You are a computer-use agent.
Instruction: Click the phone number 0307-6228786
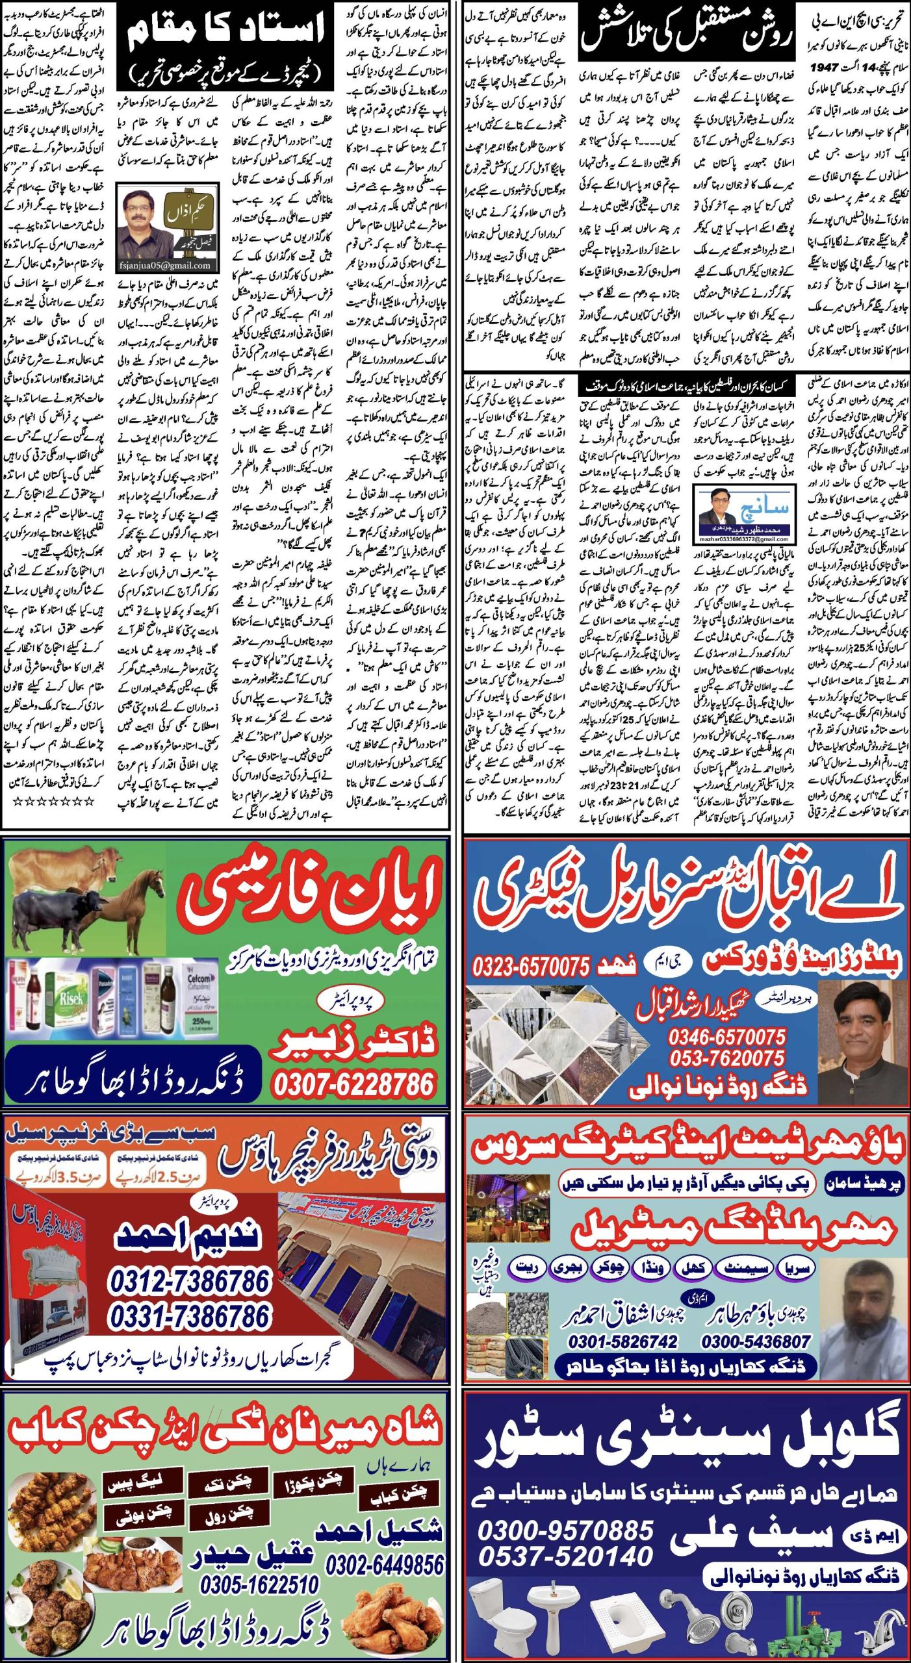(x=353, y=1084)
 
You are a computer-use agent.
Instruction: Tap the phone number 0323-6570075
(x=531, y=966)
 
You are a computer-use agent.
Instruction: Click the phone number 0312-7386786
(x=188, y=1281)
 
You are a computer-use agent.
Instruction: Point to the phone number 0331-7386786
(x=188, y=1317)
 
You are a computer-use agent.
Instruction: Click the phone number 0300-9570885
(x=565, y=1530)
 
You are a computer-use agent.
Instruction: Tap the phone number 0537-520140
(x=565, y=1556)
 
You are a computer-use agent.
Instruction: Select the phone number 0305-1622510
(x=259, y=1584)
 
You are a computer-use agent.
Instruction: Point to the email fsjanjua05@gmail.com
(x=165, y=265)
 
